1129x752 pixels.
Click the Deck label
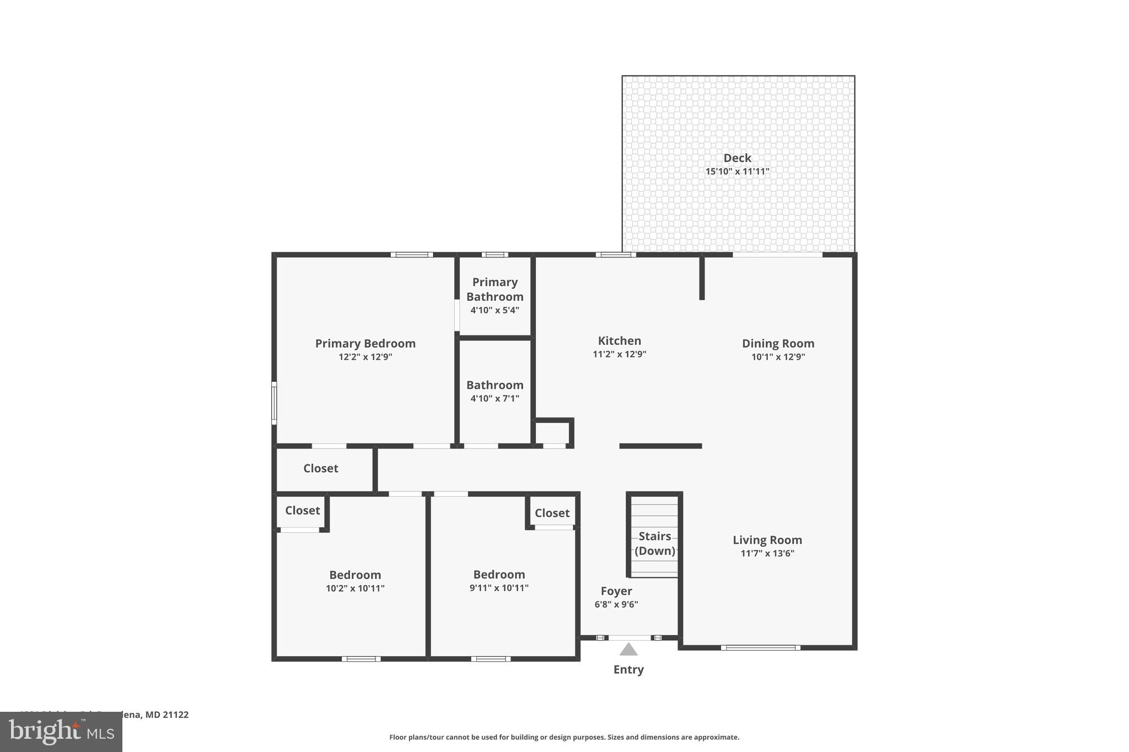pos(737,158)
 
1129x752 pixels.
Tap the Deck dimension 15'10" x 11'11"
pos(737,171)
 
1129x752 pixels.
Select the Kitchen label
pos(619,340)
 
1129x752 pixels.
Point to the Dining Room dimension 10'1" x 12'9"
pos(778,357)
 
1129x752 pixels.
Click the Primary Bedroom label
pos(365,343)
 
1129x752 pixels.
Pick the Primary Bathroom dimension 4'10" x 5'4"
pos(494,310)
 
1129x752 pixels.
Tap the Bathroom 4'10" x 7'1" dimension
pos(494,398)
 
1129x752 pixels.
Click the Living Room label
pos(767,540)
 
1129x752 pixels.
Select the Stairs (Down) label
pos(654,543)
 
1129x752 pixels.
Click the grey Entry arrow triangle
pos(628,650)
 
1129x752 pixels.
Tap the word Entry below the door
pos(628,669)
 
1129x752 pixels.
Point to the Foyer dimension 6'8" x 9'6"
pos(616,604)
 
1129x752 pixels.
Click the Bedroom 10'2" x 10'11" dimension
pos(355,588)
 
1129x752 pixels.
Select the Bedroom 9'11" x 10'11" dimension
pos(499,588)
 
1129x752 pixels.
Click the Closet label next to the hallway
pos(320,468)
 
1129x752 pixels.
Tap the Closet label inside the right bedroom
pos(552,513)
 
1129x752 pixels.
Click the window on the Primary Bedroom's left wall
pos(274,403)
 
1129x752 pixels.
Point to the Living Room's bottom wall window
pos(760,648)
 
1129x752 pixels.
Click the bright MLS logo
pos(61,732)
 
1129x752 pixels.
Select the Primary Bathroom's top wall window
pos(494,255)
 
